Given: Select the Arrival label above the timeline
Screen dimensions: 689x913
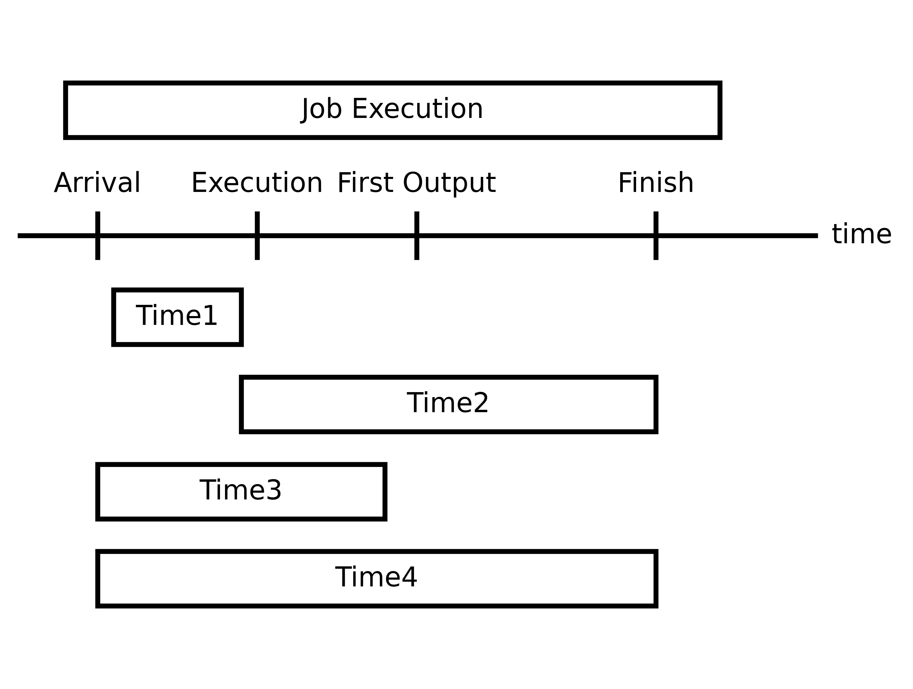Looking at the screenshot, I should click(97, 183).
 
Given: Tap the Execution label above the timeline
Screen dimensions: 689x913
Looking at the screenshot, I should click(257, 183).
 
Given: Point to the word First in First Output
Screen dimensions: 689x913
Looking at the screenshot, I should click(365, 183).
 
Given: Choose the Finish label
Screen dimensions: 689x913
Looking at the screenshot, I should click(656, 183).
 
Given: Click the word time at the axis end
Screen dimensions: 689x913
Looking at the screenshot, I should click(861, 234).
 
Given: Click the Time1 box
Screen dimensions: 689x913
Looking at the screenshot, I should click(178, 317).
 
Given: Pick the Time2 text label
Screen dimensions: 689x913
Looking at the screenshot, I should click(448, 403).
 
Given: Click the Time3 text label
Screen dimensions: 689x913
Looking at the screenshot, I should click(241, 490).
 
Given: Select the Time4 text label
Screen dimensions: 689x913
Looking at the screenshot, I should click(376, 577).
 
